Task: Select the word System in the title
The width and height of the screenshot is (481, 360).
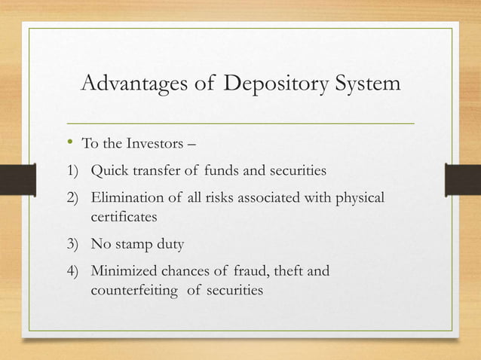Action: pos(363,84)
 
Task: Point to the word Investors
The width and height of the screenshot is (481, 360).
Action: pos(152,144)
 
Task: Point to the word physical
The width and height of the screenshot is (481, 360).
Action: pos(356,198)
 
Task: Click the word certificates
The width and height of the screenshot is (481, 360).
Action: pos(125,216)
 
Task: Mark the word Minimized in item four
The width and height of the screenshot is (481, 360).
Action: pos(125,270)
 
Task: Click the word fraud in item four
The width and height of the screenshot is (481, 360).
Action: pos(247,270)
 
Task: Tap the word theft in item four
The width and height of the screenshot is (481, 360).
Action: pos(289,270)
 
